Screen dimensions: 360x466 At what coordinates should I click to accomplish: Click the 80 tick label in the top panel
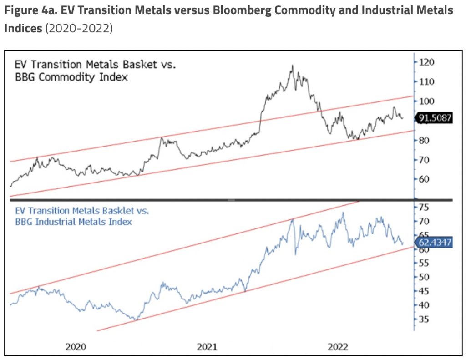coord(424,140)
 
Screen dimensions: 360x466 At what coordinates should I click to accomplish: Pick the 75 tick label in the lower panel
coord(424,207)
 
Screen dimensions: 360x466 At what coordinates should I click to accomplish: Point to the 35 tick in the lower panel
coord(424,319)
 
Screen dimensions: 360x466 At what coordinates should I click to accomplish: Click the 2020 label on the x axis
coord(76,347)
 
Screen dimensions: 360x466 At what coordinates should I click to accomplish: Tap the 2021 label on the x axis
coord(207,347)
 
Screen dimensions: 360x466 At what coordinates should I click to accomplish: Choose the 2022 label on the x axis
coord(338,347)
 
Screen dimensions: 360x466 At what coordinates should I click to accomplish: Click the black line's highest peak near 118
coord(292,66)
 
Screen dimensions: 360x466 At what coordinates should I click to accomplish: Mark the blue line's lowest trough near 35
coord(135,319)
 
